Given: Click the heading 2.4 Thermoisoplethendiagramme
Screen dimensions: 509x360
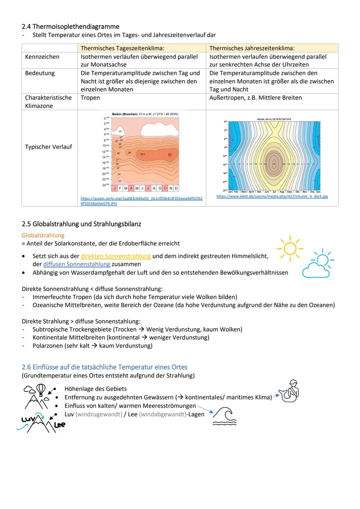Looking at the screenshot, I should click(70, 26).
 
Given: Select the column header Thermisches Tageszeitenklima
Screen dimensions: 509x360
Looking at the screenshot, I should click(122, 48).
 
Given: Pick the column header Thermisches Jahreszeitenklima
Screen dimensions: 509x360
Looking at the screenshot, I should click(252, 48).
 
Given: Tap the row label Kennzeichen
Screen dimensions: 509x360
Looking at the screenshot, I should click(42, 57).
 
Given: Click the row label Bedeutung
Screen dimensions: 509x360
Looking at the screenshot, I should click(40, 73).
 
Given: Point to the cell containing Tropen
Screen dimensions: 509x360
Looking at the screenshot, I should click(90, 98).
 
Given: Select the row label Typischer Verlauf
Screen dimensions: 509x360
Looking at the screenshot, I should click(48, 147).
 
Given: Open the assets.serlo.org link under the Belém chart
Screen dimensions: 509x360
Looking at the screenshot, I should click(141, 201).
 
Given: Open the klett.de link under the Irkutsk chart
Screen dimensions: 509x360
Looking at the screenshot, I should click(272, 196).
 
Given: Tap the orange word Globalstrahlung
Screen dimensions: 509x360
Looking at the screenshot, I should click(43, 235).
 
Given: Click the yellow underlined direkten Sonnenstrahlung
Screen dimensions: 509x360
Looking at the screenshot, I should click(116, 256).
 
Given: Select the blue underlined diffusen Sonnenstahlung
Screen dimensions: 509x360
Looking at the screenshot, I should click(76, 264).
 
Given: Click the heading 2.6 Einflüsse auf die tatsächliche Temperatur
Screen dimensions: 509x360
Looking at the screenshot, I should click(104, 367).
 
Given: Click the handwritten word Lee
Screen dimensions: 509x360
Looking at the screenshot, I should click(60, 425).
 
